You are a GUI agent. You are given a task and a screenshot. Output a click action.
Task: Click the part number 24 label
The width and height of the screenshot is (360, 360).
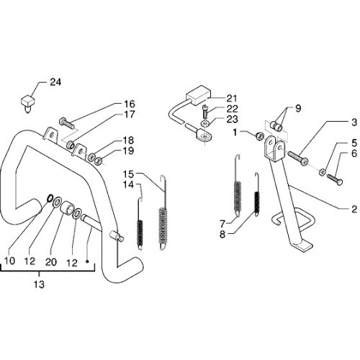[55, 82]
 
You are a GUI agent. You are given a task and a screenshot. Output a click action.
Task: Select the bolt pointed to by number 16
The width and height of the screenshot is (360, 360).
[67, 124]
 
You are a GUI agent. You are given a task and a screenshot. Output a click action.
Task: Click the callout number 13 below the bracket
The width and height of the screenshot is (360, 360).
[39, 284]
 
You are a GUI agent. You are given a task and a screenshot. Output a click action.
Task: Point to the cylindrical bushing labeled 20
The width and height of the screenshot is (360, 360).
[67, 207]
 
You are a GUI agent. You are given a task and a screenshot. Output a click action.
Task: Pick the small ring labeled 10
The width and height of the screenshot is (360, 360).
[49, 198]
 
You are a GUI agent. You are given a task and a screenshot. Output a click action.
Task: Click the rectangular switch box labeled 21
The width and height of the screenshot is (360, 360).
[199, 95]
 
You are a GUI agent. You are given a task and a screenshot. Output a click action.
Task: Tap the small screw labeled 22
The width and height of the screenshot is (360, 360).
[204, 112]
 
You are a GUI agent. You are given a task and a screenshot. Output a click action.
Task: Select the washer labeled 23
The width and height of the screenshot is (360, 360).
[204, 124]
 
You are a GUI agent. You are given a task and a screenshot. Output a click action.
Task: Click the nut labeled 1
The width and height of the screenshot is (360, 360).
[259, 136]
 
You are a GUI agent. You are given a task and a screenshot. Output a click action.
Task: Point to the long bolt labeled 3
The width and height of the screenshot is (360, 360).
[298, 158]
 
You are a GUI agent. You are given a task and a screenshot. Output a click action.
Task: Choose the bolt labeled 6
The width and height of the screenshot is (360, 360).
[334, 179]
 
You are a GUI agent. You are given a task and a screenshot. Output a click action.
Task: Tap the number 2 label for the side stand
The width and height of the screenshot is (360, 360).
[354, 209]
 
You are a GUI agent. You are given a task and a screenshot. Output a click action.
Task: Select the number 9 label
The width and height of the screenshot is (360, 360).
[298, 109]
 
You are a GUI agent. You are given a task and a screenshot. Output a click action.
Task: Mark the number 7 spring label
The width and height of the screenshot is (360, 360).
[222, 224]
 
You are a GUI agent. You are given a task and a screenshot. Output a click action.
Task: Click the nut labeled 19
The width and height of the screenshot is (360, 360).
[99, 161]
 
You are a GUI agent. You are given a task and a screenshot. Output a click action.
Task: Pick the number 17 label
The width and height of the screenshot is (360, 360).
[130, 114]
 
